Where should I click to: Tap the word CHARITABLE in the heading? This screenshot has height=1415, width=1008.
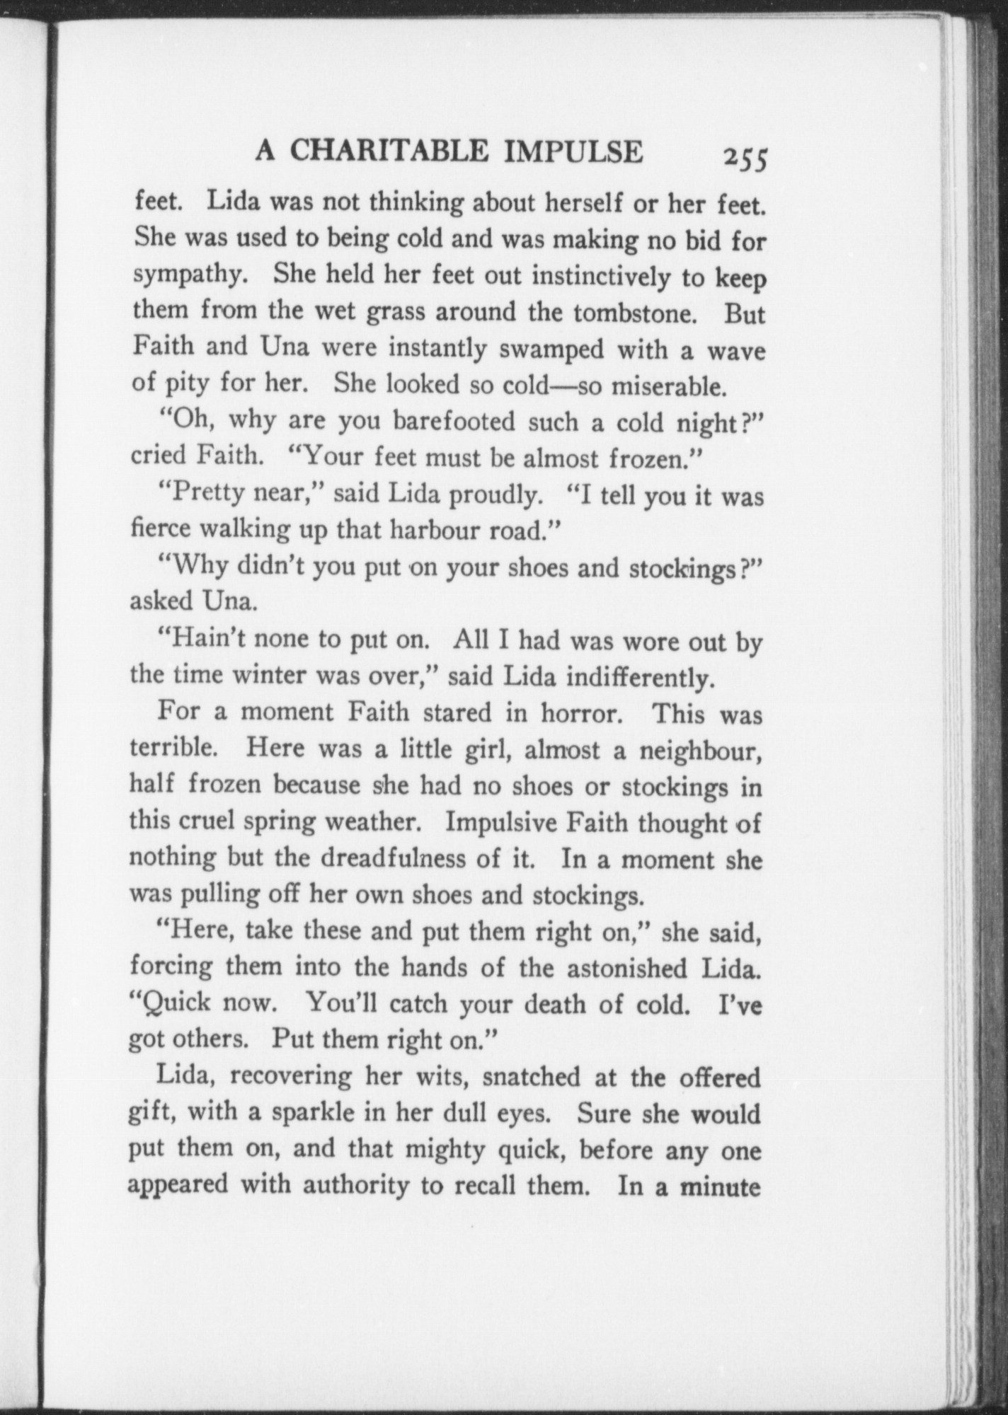point(389,152)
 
